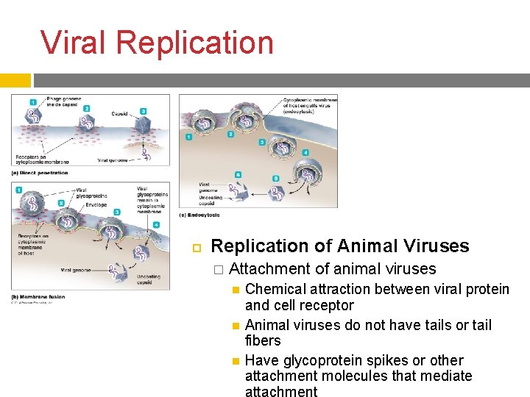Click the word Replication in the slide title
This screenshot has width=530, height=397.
click(194, 43)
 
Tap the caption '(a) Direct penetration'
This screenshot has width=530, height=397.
click(40, 173)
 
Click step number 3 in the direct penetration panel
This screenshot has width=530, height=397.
click(144, 111)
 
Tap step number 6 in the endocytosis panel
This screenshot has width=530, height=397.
click(238, 174)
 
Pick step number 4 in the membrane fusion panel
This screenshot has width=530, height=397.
click(155, 223)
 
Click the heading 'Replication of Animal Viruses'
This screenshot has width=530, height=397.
click(339, 246)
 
